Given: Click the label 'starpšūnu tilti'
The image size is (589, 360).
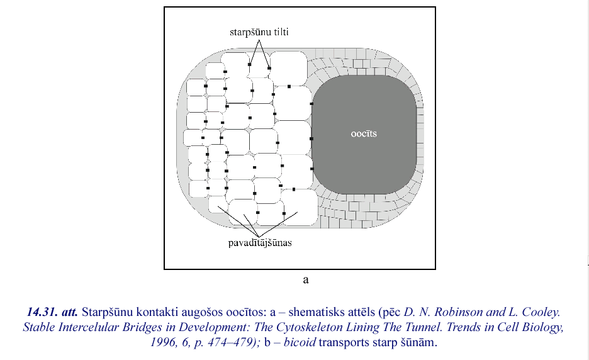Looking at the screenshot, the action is pos(259,32).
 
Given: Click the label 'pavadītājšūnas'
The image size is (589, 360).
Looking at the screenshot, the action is pos(260,243).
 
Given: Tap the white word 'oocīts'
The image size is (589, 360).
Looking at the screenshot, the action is pos(364,133).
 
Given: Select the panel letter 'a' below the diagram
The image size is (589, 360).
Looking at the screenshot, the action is pos(306,279).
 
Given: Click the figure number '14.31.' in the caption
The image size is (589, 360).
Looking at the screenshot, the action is pos(42,312).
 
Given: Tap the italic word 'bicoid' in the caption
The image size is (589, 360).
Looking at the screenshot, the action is pos(300,343).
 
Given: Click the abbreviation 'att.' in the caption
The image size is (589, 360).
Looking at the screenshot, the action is pos(69,312).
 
